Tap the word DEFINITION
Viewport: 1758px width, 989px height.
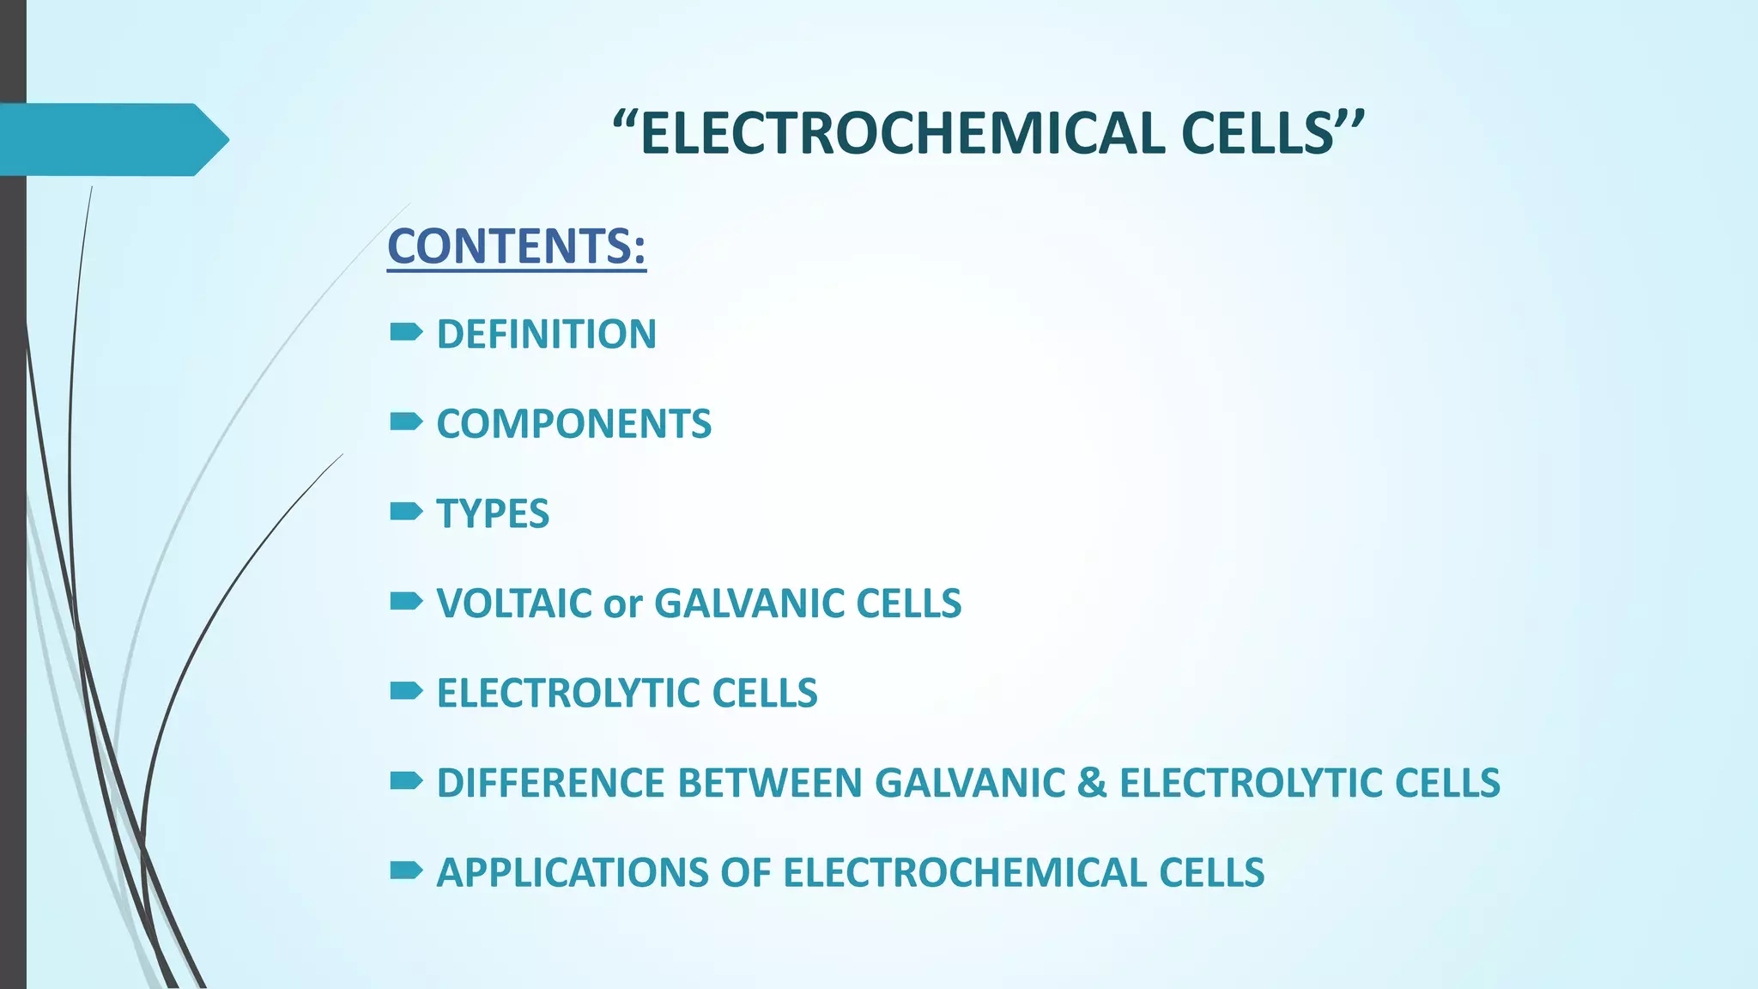pyautogui.click(x=546, y=334)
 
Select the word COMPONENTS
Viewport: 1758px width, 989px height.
pyautogui.click(x=573, y=424)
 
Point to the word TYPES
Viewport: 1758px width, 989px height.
pyautogui.click(x=493, y=513)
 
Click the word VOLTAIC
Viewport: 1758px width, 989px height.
pyautogui.click(x=514, y=604)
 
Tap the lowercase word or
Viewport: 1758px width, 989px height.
pyautogui.click(x=622, y=605)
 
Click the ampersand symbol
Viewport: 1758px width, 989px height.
pyautogui.click(x=1090, y=783)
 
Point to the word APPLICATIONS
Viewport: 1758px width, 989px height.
pyautogui.click(x=571, y=872)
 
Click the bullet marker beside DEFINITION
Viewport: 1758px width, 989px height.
pyautogui.click(x=405, y=331)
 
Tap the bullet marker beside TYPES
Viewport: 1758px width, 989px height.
pyautogui.click(x=405, y=512)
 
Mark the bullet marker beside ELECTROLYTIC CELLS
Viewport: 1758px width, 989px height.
pyautogui.click(x=405, y=690)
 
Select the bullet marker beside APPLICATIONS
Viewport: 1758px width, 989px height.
pyautogui.click(x=405, y=871)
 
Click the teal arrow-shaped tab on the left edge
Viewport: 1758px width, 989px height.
pyautogui.click(x=112, y=139)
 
